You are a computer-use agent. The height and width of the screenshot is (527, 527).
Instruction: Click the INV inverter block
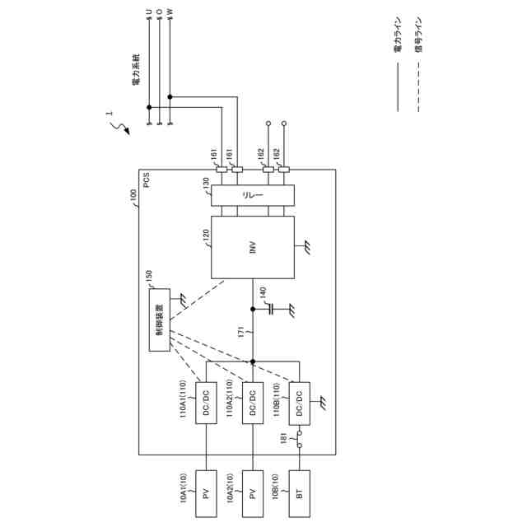click(252, 247)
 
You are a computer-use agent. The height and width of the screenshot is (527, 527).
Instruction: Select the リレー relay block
click(252, 196)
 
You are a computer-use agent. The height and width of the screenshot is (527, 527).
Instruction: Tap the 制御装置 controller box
click(160, 319)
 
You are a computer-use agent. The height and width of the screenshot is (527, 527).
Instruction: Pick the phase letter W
click(170, 12)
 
